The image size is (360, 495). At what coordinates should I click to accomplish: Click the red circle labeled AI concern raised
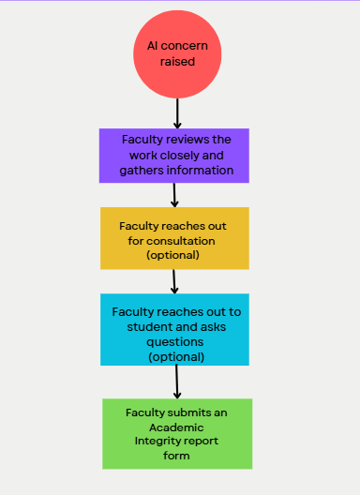[177, 54]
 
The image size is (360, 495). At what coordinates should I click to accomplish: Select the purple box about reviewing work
[174, 156]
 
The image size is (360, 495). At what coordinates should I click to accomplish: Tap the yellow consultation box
[174, 238]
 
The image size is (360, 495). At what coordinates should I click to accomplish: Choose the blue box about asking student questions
[174, 330]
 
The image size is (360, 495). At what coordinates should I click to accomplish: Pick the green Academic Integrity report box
[177, 434]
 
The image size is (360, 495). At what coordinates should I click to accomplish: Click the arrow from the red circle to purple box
[177, 113]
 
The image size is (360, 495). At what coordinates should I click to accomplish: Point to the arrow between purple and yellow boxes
[174, 195]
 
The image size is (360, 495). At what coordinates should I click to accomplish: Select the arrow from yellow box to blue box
[174, 281]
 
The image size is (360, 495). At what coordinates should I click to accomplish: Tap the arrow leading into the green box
[177, 382]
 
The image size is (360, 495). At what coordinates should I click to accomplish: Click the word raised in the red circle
[177, 62]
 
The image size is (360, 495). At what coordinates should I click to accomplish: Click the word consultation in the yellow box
[181, 241]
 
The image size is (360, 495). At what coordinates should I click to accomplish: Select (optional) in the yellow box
[172, 255]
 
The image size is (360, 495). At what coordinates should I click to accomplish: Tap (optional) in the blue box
[176, 357]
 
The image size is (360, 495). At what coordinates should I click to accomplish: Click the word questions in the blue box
[175, 342]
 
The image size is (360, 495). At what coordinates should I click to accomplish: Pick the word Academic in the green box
[176, 427]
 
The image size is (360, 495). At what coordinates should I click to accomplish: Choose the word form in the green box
[176, 456]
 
